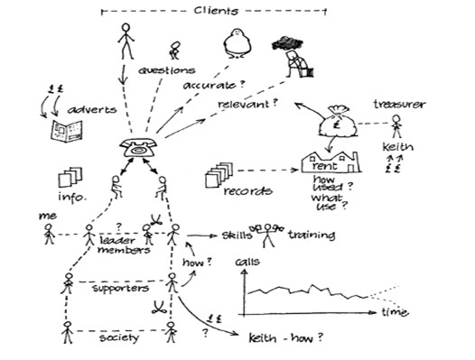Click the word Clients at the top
[x=216, y=11]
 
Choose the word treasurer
[x=398, y=106]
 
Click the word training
[x=312, y=236]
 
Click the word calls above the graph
[x=247, y=263]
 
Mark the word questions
[x=166, y=69]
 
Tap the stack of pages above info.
[x=70, y=177]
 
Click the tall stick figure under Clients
[x=126, y=41]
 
